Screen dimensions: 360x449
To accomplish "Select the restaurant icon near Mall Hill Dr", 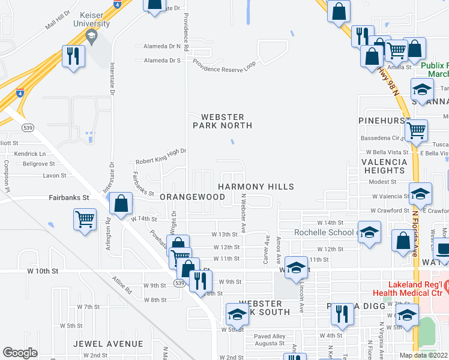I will click(74, 56).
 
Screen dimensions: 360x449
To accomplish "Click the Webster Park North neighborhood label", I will click(222, 121).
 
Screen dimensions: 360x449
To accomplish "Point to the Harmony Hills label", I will click(256, 187).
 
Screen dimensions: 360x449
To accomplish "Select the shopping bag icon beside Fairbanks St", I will click(121, 203).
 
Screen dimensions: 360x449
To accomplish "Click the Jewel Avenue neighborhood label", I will click(108, 344).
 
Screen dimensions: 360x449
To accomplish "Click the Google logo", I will click(20, 353).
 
